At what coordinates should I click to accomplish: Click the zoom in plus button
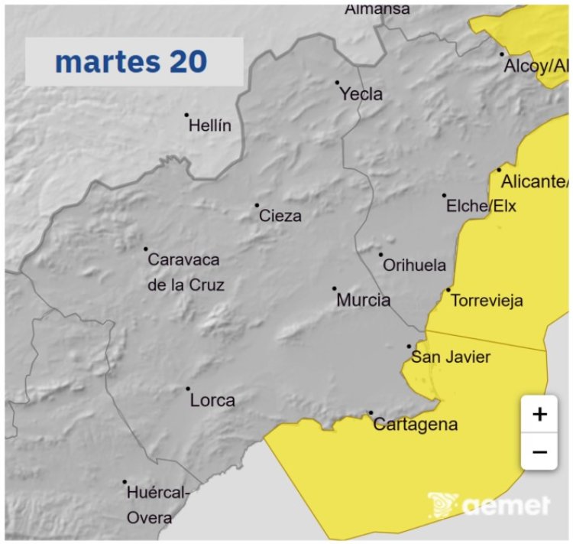coord(539,415)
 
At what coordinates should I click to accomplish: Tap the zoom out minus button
coord(539,451)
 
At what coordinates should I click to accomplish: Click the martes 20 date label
coord(131,62)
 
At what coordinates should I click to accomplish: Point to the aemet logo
coord(489,504)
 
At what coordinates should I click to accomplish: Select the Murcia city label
coord(364,301)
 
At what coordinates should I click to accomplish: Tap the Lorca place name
coord(212,400)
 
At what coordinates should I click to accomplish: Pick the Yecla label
coord(361,94)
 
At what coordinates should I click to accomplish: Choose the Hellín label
coord(209,126)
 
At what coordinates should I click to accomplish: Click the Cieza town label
coord(280,217)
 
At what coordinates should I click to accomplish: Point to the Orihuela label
coord(414,265)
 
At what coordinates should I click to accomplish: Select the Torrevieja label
coord(487,301)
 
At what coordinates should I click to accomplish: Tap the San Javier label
coord(450,357)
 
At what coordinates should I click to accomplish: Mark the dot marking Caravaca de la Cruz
coord(146,249)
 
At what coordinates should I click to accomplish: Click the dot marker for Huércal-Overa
coord(125,482)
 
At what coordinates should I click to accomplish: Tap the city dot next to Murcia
coord(335,288)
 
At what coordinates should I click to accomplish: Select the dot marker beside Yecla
coord(337,82)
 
